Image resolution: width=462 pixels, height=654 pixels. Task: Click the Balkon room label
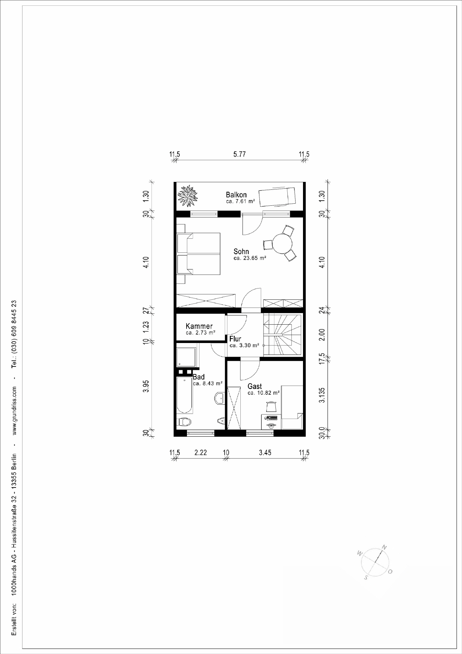coord(236,195)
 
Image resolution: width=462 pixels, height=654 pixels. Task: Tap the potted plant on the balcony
coord(188,196)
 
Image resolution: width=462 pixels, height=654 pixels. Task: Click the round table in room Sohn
coord(283,243)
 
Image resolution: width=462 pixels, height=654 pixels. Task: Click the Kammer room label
coord(199,326)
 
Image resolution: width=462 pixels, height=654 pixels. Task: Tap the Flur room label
coord(235,339)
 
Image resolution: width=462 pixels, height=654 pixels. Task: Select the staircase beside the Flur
coord(283,335)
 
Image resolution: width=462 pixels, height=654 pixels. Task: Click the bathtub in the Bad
coord(185,395)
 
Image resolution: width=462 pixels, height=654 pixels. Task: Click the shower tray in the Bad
coord(186,357)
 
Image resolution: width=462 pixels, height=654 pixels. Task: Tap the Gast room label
coord(255,386)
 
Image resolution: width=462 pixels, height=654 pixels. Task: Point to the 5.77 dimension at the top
coord(239,154)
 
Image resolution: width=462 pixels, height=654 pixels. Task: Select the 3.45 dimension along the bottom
coord(265,453)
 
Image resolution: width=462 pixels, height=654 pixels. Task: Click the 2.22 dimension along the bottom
coord(201,453)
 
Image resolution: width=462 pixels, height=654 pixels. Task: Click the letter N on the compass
coord(384,547)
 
